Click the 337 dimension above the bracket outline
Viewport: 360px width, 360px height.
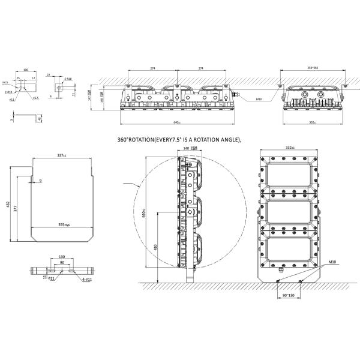(x=61, y=155)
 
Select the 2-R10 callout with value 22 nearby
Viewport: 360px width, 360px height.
(x=68, y=79)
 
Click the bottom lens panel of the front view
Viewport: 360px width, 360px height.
(x=289, y=253)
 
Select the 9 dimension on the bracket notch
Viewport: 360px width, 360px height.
(x=40, y=180)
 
